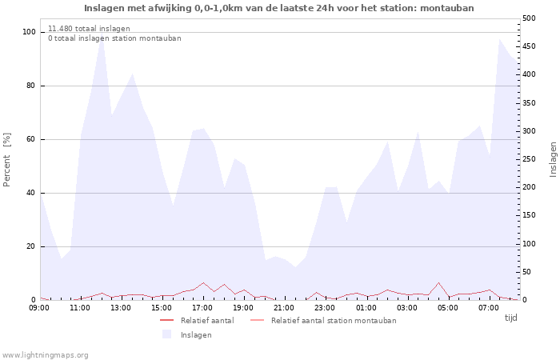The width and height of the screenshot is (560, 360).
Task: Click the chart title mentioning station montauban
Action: coord(279,8)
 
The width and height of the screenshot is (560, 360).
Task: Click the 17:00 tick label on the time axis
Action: coord(202,308)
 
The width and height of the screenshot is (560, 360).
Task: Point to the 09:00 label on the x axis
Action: coord(39,308)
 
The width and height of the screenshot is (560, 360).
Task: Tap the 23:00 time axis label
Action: coord(325,308)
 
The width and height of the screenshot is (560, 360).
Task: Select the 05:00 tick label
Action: coord(447,308)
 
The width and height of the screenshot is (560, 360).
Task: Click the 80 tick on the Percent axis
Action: coord(30,86)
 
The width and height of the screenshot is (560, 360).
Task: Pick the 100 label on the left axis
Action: coord(29,32)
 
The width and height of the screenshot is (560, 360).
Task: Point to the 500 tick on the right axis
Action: coord(529,18)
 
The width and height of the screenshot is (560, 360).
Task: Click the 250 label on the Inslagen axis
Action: coord(529,159)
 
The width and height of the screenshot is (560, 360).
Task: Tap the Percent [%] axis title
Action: coord(6,160)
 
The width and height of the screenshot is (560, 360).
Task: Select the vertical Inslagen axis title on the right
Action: coord(554,159)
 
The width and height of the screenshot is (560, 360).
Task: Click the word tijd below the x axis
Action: coord(510,318)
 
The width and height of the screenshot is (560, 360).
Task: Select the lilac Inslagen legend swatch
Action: coord(166,334)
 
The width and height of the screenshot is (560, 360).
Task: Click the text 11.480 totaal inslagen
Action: coord(89,29)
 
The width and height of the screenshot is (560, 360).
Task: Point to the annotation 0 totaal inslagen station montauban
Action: coord(114,38)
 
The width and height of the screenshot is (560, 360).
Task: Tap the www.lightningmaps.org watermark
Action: coord(45,355)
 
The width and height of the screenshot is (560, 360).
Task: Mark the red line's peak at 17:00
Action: coord(203,282)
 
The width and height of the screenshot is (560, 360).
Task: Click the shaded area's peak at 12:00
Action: coord(102,38)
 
